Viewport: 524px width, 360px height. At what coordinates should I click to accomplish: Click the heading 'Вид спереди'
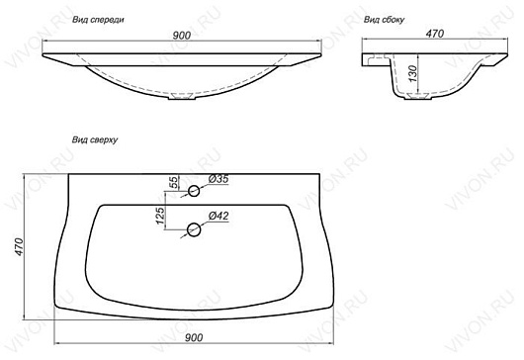tap(98, 20)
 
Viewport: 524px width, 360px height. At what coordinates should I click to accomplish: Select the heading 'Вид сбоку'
tap(384, 20)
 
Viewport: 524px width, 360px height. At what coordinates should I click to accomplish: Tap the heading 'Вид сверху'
tap(95, 139)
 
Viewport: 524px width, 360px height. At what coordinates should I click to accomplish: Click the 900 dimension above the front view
tap(182, 35)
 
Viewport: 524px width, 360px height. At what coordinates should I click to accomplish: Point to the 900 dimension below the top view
tap(194, 337)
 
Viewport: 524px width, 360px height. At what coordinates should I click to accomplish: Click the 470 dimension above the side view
tap(435, 34)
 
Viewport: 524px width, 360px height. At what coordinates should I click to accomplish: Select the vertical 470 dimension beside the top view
tap(19, 246)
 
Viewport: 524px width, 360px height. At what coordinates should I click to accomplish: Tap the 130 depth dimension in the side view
tap(413, 73)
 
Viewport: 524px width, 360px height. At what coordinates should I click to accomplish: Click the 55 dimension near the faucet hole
tap(173, 183)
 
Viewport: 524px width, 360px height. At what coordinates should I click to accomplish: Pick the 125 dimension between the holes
tap(161, 216)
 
